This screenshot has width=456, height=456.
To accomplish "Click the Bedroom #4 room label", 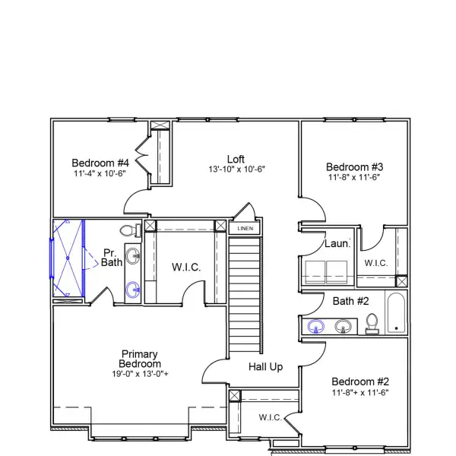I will point(100,163).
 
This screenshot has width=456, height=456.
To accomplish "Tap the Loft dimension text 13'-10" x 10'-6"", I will point(236,169).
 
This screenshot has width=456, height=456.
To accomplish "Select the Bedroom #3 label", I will point(354,167).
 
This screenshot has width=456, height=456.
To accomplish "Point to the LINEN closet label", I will point(245,228).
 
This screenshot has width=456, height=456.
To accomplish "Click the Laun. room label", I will point(337,244).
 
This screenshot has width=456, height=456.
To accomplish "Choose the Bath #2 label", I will point(350,302).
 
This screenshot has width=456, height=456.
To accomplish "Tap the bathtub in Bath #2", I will point(397,313).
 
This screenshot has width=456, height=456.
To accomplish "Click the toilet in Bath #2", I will point(372,324).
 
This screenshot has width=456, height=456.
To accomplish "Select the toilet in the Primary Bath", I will point(128,230).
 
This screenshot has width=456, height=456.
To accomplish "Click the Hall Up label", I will point(266,367).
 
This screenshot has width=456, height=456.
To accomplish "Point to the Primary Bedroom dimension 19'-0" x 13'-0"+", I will point(140,373).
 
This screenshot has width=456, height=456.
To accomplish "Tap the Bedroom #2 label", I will point(360,382).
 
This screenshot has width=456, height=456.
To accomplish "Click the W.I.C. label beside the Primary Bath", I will point(186,267).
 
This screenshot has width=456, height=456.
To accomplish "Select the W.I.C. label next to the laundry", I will point(376,263).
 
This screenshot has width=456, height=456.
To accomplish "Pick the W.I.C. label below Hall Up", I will point(270,417).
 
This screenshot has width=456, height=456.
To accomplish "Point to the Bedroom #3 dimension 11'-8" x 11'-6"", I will point(354,177).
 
